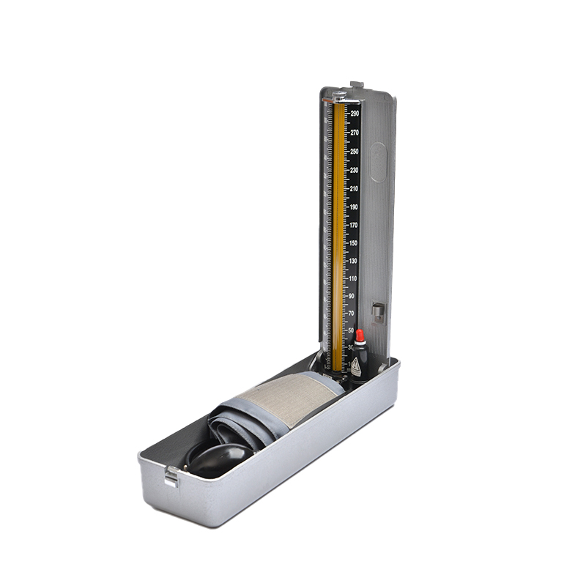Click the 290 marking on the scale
tap(355, 114)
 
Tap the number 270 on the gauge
tap(355, 133)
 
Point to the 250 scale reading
tap(355, 152)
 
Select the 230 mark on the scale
tap(355, 170)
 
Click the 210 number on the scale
tap(355, 189)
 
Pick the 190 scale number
tap(355, 207)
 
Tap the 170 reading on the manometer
tap(354, 226)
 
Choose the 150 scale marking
tap(354, 243)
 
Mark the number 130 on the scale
tap(353, 262)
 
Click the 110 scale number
tap(353, 279)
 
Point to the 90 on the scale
tap(352, 296)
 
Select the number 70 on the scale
tap(352, 314)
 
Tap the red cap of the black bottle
tap(360, 336)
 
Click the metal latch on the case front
tap(171, 477)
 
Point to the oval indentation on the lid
tap(377, 163)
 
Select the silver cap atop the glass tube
tap(339, 96)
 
